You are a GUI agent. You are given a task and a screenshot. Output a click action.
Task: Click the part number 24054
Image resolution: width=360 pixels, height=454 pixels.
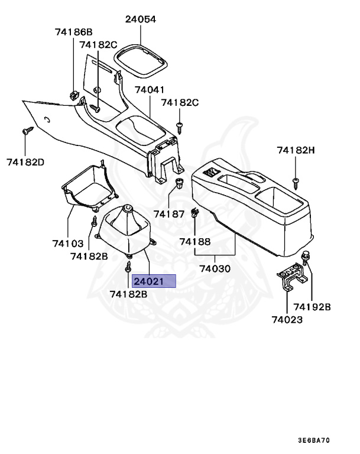tap(140, 19)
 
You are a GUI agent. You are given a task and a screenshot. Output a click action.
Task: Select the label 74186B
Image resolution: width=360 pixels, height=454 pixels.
tap(74, 31)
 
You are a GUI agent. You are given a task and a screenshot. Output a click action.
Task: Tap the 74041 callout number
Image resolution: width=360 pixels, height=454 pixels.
tap(150, 90)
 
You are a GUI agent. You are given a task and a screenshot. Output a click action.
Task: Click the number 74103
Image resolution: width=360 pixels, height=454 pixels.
tap(67, 243)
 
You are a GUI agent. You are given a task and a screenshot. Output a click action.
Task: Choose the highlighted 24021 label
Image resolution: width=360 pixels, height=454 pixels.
tap(154, 281)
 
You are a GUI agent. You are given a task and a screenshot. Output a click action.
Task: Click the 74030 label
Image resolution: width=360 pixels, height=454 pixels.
tap(215, 268)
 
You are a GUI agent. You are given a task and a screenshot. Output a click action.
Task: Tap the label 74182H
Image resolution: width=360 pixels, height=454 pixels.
tap(296, 151)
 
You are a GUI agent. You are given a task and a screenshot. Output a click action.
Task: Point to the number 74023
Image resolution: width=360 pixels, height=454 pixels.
tap(287, 320)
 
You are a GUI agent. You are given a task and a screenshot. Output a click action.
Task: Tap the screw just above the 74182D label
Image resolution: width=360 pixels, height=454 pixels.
tap(26, 131)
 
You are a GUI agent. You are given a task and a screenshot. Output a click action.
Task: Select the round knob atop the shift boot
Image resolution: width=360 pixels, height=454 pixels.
tap(127, 210)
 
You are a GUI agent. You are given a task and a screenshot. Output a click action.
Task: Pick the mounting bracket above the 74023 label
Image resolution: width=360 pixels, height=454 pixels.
tap(291, 279)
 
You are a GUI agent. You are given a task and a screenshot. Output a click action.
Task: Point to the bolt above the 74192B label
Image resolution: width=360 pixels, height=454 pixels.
tap(306, 257)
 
